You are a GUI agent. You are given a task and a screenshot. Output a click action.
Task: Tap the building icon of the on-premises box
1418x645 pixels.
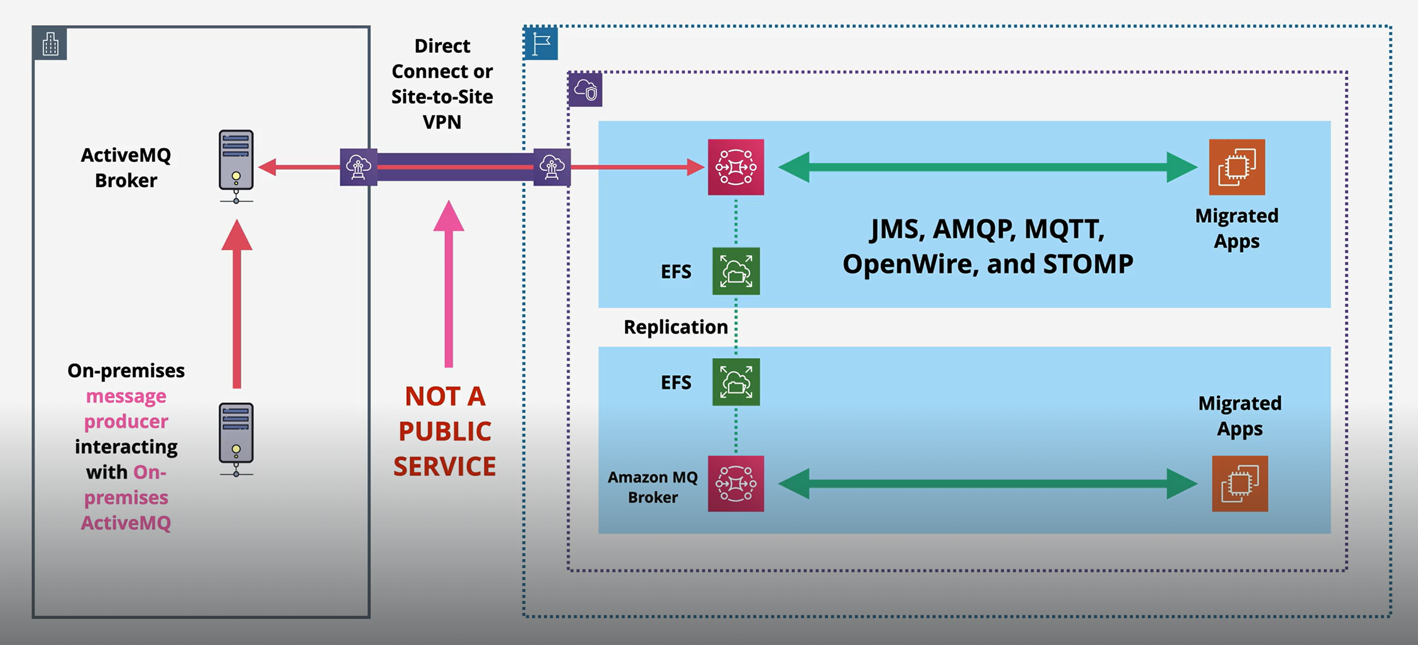coord(50,44)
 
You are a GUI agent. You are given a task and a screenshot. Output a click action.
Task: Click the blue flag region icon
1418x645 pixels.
coord(541,44)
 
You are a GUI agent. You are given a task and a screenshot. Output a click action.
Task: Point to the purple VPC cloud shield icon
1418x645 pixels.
coord(586,90)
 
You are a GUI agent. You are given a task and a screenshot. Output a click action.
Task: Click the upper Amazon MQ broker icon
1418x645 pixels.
coord(735,167)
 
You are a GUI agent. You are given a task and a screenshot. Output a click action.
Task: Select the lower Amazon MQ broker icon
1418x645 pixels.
coord(735,483)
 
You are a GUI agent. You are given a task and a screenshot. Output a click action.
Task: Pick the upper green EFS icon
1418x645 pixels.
coord(736,271)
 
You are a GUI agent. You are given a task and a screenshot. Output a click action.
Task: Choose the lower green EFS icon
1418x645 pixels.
coord(736,382)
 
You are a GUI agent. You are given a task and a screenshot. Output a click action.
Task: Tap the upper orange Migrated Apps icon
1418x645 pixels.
coord(1236,167)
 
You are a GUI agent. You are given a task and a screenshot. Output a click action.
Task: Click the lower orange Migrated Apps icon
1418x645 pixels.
coord(1239,483)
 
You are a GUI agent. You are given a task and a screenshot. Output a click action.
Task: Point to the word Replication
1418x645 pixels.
coord(675,327)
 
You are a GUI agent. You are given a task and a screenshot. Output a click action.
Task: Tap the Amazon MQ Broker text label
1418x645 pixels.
coord(652,487)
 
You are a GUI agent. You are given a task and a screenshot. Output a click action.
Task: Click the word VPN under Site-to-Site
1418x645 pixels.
coord(442,122)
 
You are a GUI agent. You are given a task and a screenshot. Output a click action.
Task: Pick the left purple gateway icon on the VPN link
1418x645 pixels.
coord(358,167)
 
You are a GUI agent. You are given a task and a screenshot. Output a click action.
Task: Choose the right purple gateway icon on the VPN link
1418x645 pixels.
coord(552,167)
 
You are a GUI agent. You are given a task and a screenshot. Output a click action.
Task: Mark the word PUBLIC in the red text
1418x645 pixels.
coord(444,431)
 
